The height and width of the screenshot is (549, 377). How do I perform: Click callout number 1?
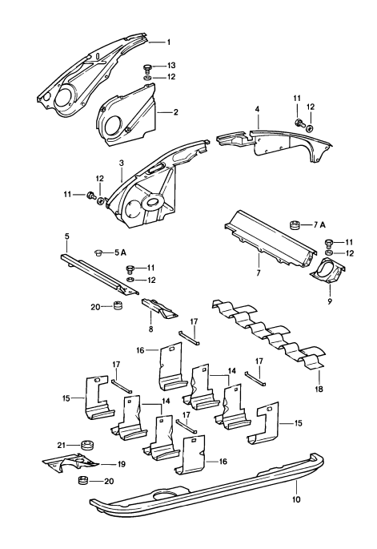(169, 41)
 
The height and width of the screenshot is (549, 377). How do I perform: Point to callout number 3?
(121, 163)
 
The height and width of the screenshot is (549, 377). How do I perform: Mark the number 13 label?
(170, 65)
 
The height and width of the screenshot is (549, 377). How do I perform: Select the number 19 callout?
(122, 464)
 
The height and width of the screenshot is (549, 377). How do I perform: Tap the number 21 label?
(61, 444)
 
